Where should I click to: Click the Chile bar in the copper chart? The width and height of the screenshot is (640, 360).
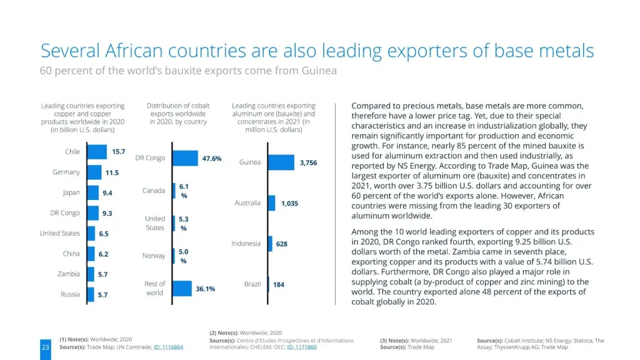[x=97, y=152]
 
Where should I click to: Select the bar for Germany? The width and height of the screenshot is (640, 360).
[x=94, y=172]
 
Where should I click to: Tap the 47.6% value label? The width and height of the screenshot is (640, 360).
[x=212, y=159]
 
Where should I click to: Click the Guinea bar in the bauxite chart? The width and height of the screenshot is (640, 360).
[x=281, y=162]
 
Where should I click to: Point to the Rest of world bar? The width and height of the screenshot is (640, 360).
[x=182, y=288]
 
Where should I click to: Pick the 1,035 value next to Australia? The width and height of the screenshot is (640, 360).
[x=289, y=203]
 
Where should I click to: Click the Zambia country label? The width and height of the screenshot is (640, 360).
[x=69, y=274]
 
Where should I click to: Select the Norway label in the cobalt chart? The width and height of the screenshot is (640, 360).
[x=154, y=256]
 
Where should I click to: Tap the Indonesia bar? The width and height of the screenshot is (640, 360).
[x=270, y=244]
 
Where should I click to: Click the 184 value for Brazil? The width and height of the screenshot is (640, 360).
[x=279, y=284]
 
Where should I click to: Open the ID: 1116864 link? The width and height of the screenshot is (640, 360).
[x=169, y=347]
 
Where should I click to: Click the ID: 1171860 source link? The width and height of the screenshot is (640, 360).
[x=302, y=347]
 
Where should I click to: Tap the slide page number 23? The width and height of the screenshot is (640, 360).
[x=45, y=347]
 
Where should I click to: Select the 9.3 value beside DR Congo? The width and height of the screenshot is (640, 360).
[x=107, y=213]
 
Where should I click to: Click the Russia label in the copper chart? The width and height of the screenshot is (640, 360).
[x=70, y=294]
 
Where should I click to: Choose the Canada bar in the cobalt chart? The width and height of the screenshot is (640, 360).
[x=174, y=191]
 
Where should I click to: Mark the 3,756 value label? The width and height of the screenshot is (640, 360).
[x=308, y=162]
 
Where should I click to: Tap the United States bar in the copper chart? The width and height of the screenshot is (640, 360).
[x=91, y=234]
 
